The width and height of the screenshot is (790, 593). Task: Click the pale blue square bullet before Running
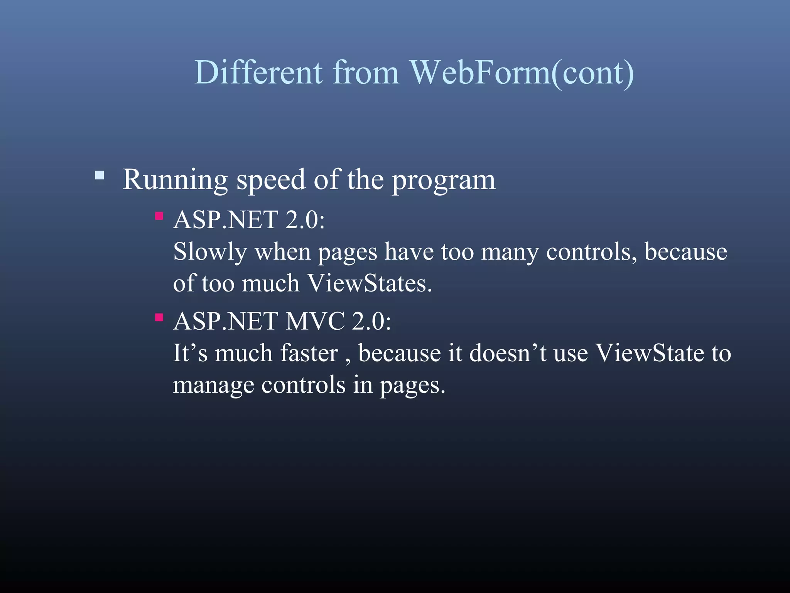(100, 176)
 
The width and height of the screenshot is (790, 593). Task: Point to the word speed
(271, 180)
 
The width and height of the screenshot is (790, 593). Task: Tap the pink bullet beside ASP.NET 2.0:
(159, 216)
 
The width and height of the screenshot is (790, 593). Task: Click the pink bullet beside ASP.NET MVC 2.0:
(159, 317)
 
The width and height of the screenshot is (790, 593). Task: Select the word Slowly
(210, 252)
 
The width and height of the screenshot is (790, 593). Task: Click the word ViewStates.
(369, 283)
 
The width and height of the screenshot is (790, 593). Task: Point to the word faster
(309, 353)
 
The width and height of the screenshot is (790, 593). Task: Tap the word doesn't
(508, 353)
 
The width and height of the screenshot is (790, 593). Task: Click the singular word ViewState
(650, 353)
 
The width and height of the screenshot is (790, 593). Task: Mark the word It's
(190, 353)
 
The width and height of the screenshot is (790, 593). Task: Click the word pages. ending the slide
(412, 386)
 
